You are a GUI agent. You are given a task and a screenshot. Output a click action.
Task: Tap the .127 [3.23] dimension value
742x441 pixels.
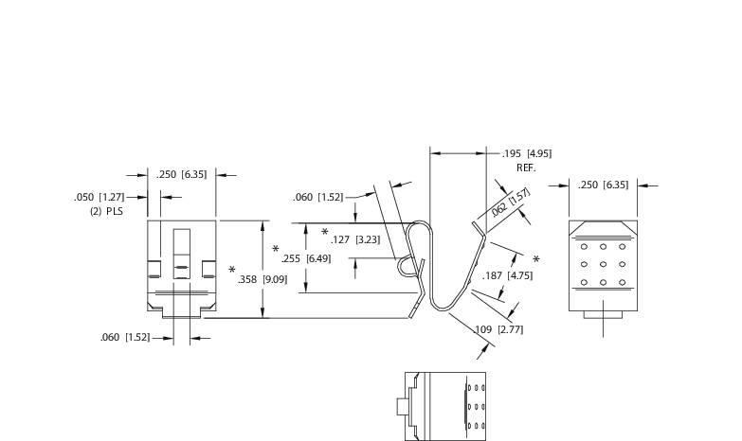355,239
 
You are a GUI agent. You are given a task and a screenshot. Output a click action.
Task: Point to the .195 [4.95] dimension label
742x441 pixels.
527,153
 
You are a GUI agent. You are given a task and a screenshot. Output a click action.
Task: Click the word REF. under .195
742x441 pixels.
527,168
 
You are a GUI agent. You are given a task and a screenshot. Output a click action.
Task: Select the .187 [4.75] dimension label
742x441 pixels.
507,275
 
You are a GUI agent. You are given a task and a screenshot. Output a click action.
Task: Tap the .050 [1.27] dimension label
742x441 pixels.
99,197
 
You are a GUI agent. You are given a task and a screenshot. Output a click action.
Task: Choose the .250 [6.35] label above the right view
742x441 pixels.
603,185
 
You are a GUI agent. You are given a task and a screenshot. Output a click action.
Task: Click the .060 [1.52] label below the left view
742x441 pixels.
125,338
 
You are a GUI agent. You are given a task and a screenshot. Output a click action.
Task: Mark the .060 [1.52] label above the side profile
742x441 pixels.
317,197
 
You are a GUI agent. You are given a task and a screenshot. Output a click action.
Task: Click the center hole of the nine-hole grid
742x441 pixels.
603,265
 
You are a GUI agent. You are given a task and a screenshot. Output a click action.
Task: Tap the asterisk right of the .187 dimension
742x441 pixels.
536,260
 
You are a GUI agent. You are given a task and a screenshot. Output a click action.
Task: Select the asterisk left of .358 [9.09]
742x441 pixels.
232,272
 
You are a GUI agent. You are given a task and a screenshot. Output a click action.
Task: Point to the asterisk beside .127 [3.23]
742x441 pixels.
324,233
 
